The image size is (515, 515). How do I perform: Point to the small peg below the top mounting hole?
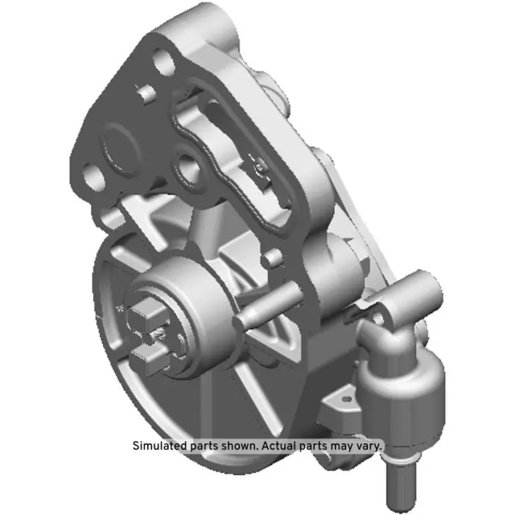[146, 93]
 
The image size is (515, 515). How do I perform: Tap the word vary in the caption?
[369, 446]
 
